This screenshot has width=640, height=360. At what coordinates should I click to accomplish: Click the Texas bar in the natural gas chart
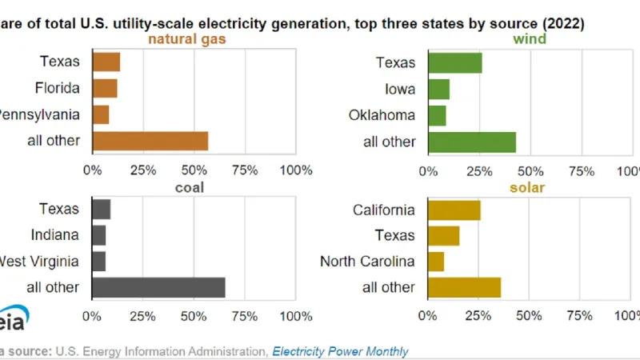click(106, 62)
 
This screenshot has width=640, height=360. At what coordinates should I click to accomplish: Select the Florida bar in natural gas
click(105, 88)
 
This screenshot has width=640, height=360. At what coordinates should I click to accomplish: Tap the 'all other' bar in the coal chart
click(158, 287)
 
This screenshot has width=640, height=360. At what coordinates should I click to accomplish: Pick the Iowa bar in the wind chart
click(439, 88)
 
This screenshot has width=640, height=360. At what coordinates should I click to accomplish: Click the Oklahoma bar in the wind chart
click(438, 115)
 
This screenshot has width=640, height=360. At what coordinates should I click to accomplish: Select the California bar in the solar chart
click(454, 210)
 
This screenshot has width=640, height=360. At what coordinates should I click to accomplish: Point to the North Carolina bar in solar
click(436, 262)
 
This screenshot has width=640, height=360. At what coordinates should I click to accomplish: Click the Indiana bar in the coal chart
click(99, 235)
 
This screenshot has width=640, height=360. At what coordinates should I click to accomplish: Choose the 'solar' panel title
click(528, 187)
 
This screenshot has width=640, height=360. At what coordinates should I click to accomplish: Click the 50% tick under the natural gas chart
click(193, 170)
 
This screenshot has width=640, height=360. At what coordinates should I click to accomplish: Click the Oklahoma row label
click(382, 115)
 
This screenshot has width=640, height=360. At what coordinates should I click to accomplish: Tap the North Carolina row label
click(367, 262)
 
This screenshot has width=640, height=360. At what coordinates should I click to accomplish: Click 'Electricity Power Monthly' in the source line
click(340, 351)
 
